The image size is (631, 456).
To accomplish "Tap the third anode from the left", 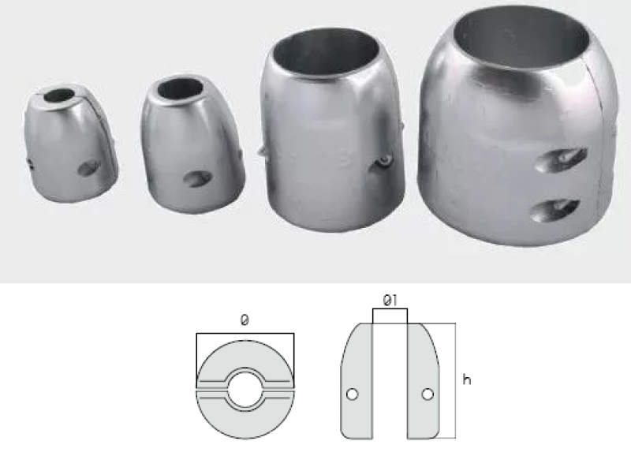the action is (x=332, y=129).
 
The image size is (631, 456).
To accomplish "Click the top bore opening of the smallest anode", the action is (x=60, y=95).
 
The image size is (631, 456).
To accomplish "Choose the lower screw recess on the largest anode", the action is (x=556, y=210).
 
